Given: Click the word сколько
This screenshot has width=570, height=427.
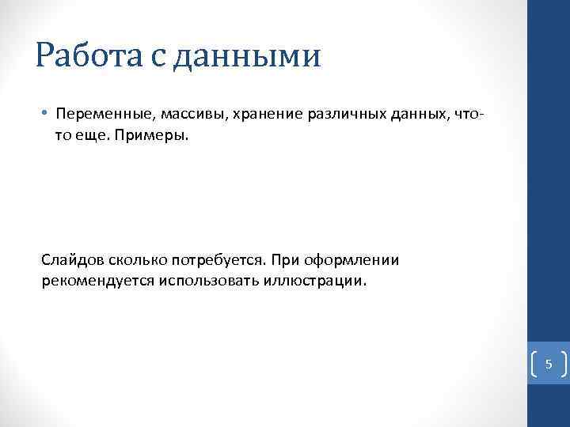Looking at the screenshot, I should [x=137, y=259].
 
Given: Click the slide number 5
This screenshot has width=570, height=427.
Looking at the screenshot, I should [x=548, y=365].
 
